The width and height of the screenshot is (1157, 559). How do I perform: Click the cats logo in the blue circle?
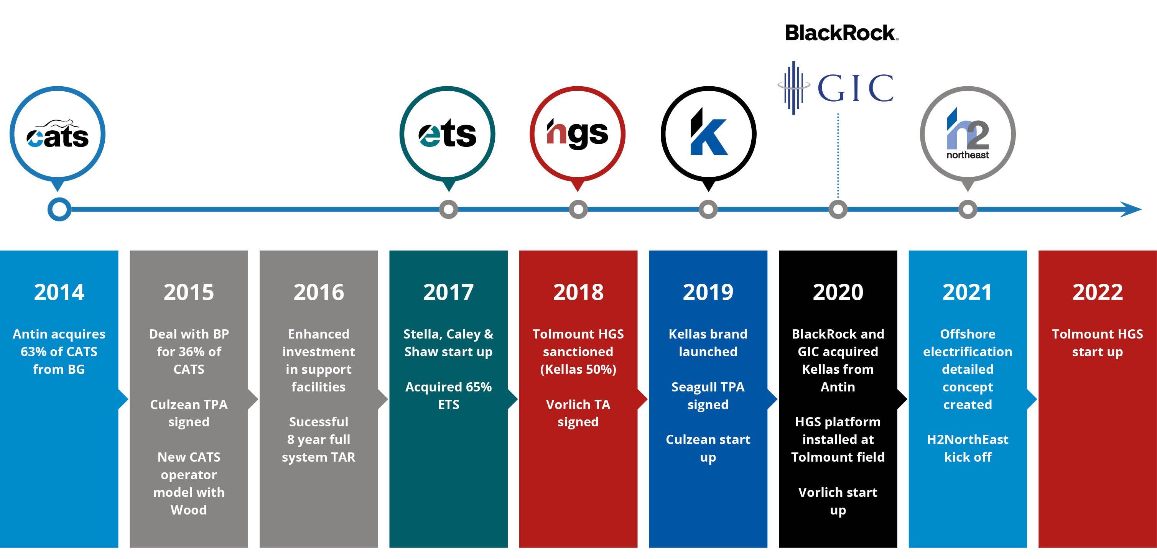click(x=58, y=134)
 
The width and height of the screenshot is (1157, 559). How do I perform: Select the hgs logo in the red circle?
click(x=577, y=134)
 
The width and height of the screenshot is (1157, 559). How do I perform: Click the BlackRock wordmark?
click(x=841, y=33)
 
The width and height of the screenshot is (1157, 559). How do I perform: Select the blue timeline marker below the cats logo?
click(x=59, y=209)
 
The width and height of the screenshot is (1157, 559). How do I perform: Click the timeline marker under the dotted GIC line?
click(x=838, y=209)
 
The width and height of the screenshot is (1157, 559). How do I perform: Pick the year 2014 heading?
click(x=59, y=292)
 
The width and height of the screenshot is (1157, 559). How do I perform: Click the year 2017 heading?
click(x=448, y=292)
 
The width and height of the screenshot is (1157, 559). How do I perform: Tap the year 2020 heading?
click(x=838, y=292)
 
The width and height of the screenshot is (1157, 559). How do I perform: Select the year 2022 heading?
click(x=1097, y=292)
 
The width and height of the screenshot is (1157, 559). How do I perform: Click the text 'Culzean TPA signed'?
click(x=189, y=413)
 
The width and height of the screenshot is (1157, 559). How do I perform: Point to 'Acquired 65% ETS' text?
click(x=448, y=396)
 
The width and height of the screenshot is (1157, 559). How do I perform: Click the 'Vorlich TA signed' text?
click(x=578, y=413)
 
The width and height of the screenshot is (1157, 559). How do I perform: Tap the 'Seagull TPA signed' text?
click(x=708, y=396)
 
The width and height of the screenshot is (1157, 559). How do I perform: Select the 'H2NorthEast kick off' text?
click(x=968, y=448)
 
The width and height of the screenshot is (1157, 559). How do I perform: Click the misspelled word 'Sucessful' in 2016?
click(x=318, y=422)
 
